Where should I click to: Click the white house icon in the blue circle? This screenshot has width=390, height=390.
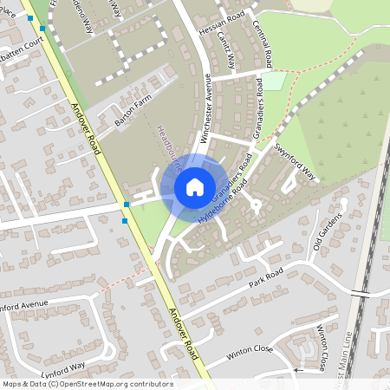[195, 187]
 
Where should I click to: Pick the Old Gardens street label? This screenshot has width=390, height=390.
[328, 232]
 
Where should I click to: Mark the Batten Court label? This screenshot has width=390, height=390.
[21, 42]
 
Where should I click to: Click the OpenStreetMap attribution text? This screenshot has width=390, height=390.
[87, 384]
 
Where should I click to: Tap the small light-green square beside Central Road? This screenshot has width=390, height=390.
[274, 81]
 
